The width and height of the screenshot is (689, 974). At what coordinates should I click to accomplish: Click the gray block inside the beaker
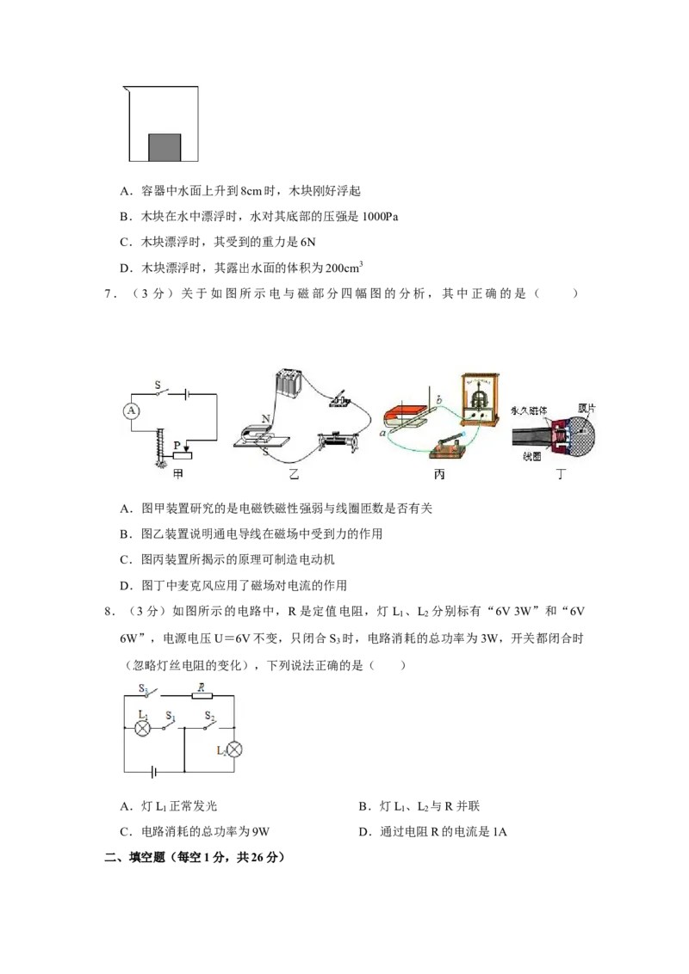164,147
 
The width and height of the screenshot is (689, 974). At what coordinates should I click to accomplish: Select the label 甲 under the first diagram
177,474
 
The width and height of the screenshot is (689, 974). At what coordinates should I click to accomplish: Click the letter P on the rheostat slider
177,445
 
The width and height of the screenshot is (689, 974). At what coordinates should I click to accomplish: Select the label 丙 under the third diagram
439,474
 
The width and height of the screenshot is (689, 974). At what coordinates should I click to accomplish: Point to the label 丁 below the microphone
562,474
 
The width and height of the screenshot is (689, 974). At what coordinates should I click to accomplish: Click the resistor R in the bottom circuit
201,694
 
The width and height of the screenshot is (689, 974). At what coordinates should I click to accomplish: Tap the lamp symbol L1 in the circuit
144,729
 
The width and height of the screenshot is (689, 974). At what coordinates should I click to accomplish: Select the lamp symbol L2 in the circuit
233,749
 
